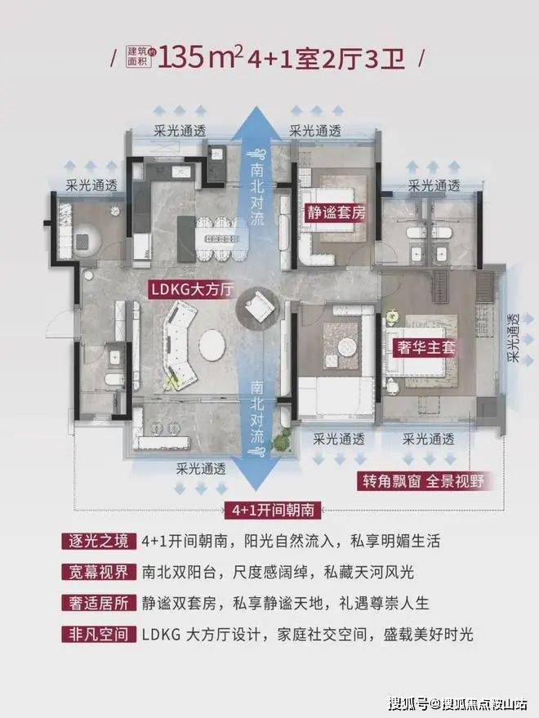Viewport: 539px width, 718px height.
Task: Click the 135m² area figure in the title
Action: pyautogui.click(x=200, y=59)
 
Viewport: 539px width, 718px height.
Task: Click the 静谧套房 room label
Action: pyautogui.click(x=336, y=212)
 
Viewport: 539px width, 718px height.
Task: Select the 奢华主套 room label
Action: pyautogui.click(x=426, y=348)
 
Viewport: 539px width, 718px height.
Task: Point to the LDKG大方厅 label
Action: pyautogui.click(x=193, y=289)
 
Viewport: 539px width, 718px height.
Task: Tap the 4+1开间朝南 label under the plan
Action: pyautogui.click(x=273, y=509)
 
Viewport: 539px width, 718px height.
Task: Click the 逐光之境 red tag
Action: pyautogui.click(x=99, y=541)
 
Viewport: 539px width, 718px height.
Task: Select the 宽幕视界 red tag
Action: pyautogui.click(x=99, y=572)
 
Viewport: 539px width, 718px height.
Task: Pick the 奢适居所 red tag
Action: pyautogui.click(x=99, y=603)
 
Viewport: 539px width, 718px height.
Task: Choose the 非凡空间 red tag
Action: pyautogui.click(x=99, y=634)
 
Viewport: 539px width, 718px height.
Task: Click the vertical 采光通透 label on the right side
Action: pyautogui.click(x=515, y=338)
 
